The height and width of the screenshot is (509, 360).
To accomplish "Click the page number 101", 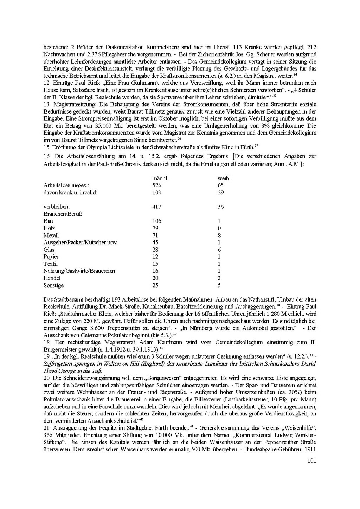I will pos(311,460).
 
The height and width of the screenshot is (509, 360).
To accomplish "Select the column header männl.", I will pos(160,178).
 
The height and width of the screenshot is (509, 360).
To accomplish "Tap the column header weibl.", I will pos(225,178).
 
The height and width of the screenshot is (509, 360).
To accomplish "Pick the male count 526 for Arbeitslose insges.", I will pos(157,185).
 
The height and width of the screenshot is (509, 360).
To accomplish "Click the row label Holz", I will pos(49,228).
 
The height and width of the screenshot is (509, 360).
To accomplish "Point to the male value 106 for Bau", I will pos(157,221).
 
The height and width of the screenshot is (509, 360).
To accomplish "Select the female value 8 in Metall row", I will pos(219,235).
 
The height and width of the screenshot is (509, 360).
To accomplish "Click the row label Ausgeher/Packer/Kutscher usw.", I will pos(81,242).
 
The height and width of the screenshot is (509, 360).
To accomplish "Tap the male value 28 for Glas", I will pos(155,250).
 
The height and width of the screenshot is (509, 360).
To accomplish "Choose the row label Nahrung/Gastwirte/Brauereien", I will pos(79,271).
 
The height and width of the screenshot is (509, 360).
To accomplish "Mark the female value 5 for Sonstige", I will pos(219,285).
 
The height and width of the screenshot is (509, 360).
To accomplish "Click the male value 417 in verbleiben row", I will pos(157,207).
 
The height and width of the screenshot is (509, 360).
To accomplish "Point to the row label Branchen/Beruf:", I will pos(63,214).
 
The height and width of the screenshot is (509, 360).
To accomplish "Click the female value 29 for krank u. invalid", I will pos(221,193).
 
